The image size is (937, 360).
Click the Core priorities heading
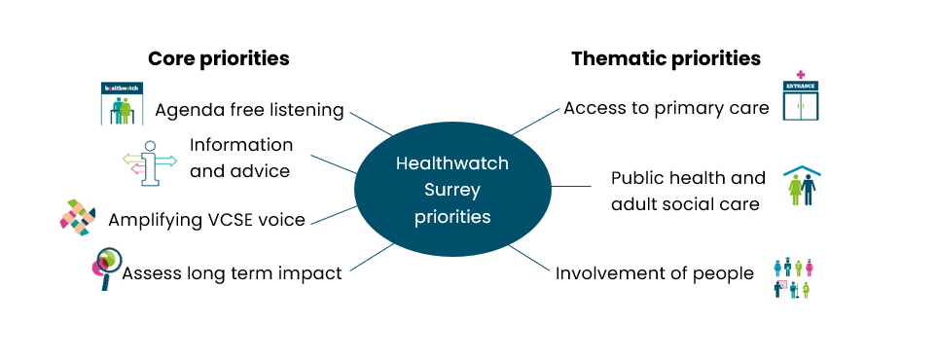coord(218,58)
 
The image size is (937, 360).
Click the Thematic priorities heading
coord(666,58)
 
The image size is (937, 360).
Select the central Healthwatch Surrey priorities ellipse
coord(452,190)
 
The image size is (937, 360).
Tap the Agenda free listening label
coord(249,110)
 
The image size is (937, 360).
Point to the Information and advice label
coord(241,158)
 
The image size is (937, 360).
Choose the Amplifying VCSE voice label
coord(206,220)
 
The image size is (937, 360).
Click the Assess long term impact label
coord(232,273)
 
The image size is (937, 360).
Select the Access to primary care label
coord(667,108)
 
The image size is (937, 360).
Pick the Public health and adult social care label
coord(689,191)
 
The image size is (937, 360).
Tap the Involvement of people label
coord(654,272)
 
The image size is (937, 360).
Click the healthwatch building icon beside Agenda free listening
coord(122,104)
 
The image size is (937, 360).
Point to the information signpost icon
coord(149,161)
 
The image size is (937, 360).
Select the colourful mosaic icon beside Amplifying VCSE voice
coord(78,217)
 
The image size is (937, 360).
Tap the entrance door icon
coord(802,101)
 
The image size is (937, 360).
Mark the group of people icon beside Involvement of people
coord(793,277)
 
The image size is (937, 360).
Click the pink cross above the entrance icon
coord(801,74)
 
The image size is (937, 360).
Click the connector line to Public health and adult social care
coord(571,185)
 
